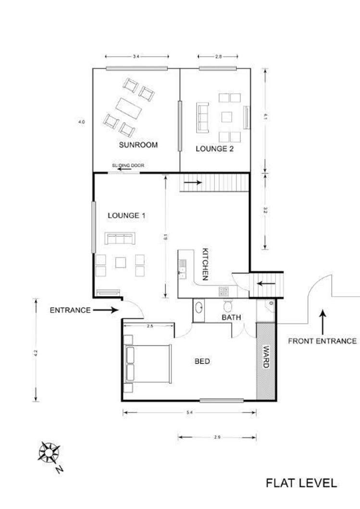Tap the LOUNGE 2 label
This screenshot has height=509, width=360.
[214, 149]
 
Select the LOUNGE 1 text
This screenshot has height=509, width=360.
[126, 216]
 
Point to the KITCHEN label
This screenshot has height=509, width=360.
[205, 265]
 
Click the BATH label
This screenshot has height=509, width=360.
[231, 317]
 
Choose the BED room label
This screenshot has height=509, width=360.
[202, 361]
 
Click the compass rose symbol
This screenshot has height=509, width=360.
[50, 452]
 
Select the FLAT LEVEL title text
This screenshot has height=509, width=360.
[301, 483]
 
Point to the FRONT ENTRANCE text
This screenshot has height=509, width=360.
[322, 341]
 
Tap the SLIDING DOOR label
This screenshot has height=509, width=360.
[128, 166]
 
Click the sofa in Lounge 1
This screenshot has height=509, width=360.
[121, 239]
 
